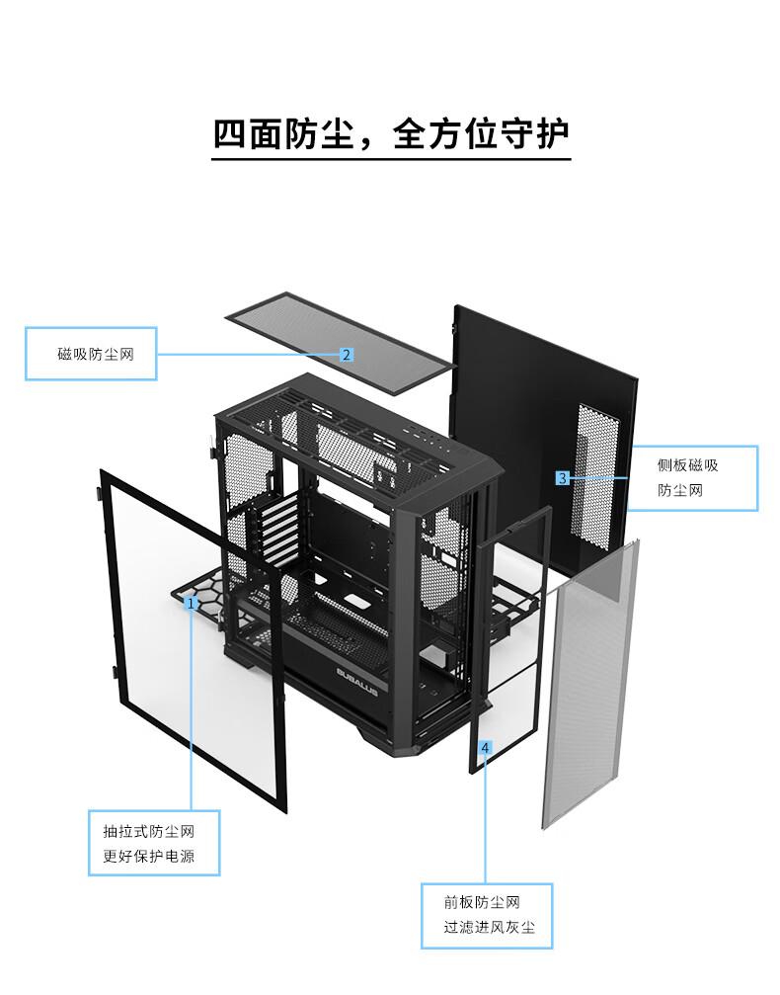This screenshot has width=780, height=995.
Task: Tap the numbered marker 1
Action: click(192, 601)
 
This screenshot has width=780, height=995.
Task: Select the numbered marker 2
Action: click(347, 354)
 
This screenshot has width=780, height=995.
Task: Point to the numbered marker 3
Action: click(562, 478)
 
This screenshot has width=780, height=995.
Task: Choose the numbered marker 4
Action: click(484, 747)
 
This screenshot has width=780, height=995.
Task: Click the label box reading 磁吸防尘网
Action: click(91, 354)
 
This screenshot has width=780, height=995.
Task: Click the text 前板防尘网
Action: click(482, 902)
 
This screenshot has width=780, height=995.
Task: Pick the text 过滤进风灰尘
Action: click(489, 929)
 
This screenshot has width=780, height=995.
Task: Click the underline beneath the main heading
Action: click(391, 158)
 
